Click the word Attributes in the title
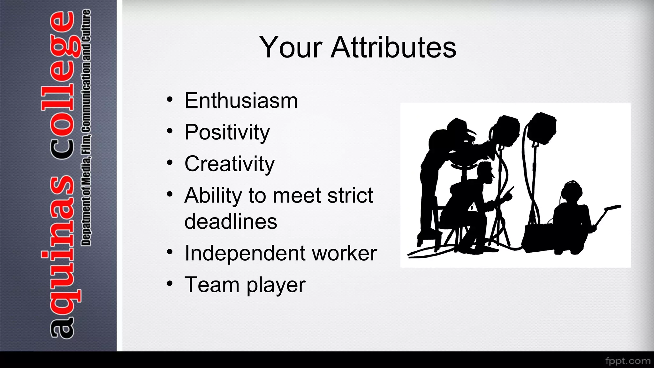tap(393, 47)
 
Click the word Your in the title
tap(291, 47)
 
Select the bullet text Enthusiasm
tap(241, 101)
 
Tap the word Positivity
tap(227, 132)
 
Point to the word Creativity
tap(229, 164)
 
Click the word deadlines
tap(231, 222)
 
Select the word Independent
tap(245, 253)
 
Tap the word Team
tap(212, 285)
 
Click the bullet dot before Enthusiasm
tap(170, 100)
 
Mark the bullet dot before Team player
tap(170, 283)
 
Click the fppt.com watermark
tap(627, 361)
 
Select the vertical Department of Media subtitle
tap(86, 128)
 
